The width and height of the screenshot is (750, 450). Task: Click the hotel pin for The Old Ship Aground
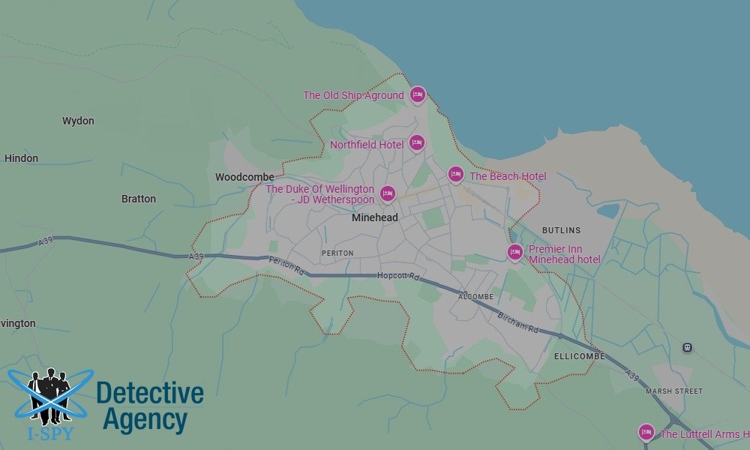click(x=418, y=94)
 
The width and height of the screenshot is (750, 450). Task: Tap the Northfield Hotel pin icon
click(x=416, y=142)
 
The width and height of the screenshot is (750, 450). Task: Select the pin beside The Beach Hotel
click(x=455, y=175)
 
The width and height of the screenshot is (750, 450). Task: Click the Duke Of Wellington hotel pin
click(x=387, y=194)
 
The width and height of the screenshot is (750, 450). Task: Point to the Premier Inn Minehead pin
click(x=514, y=253)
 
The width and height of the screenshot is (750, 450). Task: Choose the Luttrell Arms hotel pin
click(x=646, y=432)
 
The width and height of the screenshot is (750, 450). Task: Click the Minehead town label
click(x=375, y=217)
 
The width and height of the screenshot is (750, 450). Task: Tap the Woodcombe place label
click(x=244, y=177)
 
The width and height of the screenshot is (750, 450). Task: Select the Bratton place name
click(x=139, y=199)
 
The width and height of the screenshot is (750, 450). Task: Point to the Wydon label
click(x=78, y=121)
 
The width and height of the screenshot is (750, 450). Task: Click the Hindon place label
click(x=21, y=158)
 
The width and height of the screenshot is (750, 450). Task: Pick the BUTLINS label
click(x=561, y=230)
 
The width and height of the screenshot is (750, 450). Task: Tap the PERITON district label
click(x=337, y=253)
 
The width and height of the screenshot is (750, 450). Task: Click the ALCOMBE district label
click(x=475, y=297)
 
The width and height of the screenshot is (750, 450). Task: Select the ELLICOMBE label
click(x=580, y=356)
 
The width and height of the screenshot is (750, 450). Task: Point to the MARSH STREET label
click(x=674, y=391)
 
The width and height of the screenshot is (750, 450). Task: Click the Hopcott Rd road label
click(x=398, y=276)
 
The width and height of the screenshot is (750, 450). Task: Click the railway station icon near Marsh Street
click(x=686, y=348)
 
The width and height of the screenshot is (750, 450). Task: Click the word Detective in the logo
click(x=150, y=393)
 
